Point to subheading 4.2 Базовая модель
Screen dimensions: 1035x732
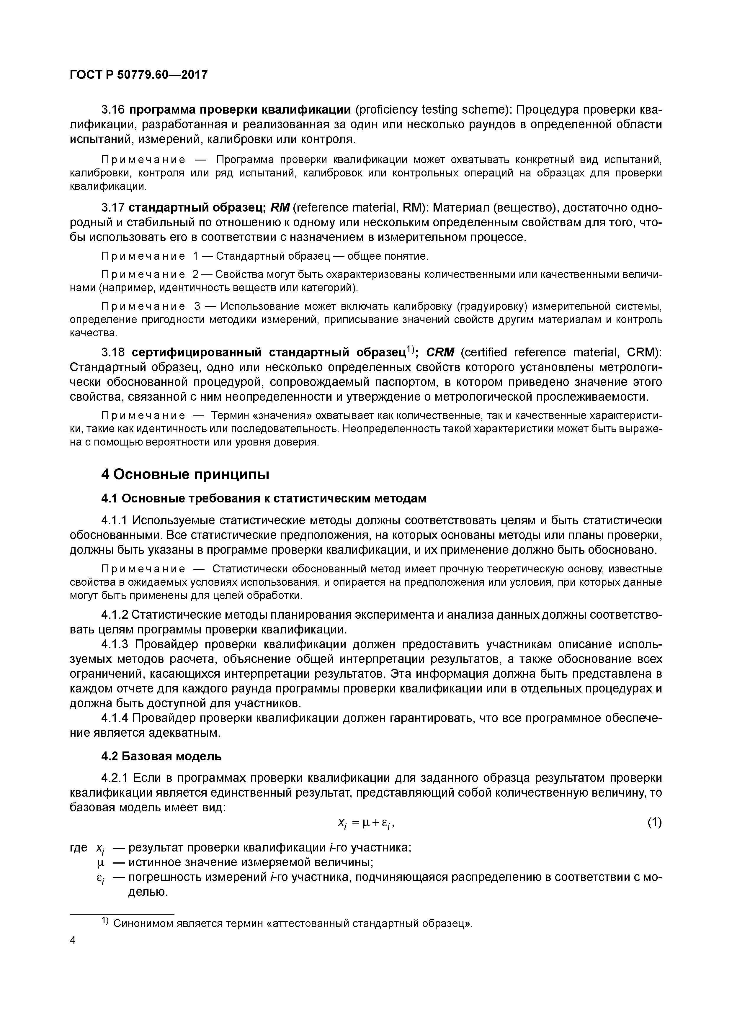click(161, 756)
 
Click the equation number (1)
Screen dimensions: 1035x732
click(654, 823)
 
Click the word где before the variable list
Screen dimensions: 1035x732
click(79, 848)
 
